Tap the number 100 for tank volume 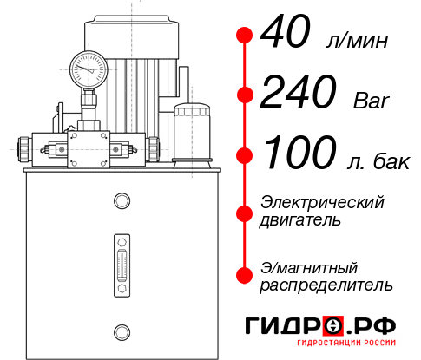298,154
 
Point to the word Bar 372,101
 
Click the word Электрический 322,202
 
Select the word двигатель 300,220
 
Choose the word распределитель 326,285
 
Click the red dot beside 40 245,36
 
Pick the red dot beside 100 245,154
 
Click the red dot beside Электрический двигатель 245,212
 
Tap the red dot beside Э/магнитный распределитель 245,275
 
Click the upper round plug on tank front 122,202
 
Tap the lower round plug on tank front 122,330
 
